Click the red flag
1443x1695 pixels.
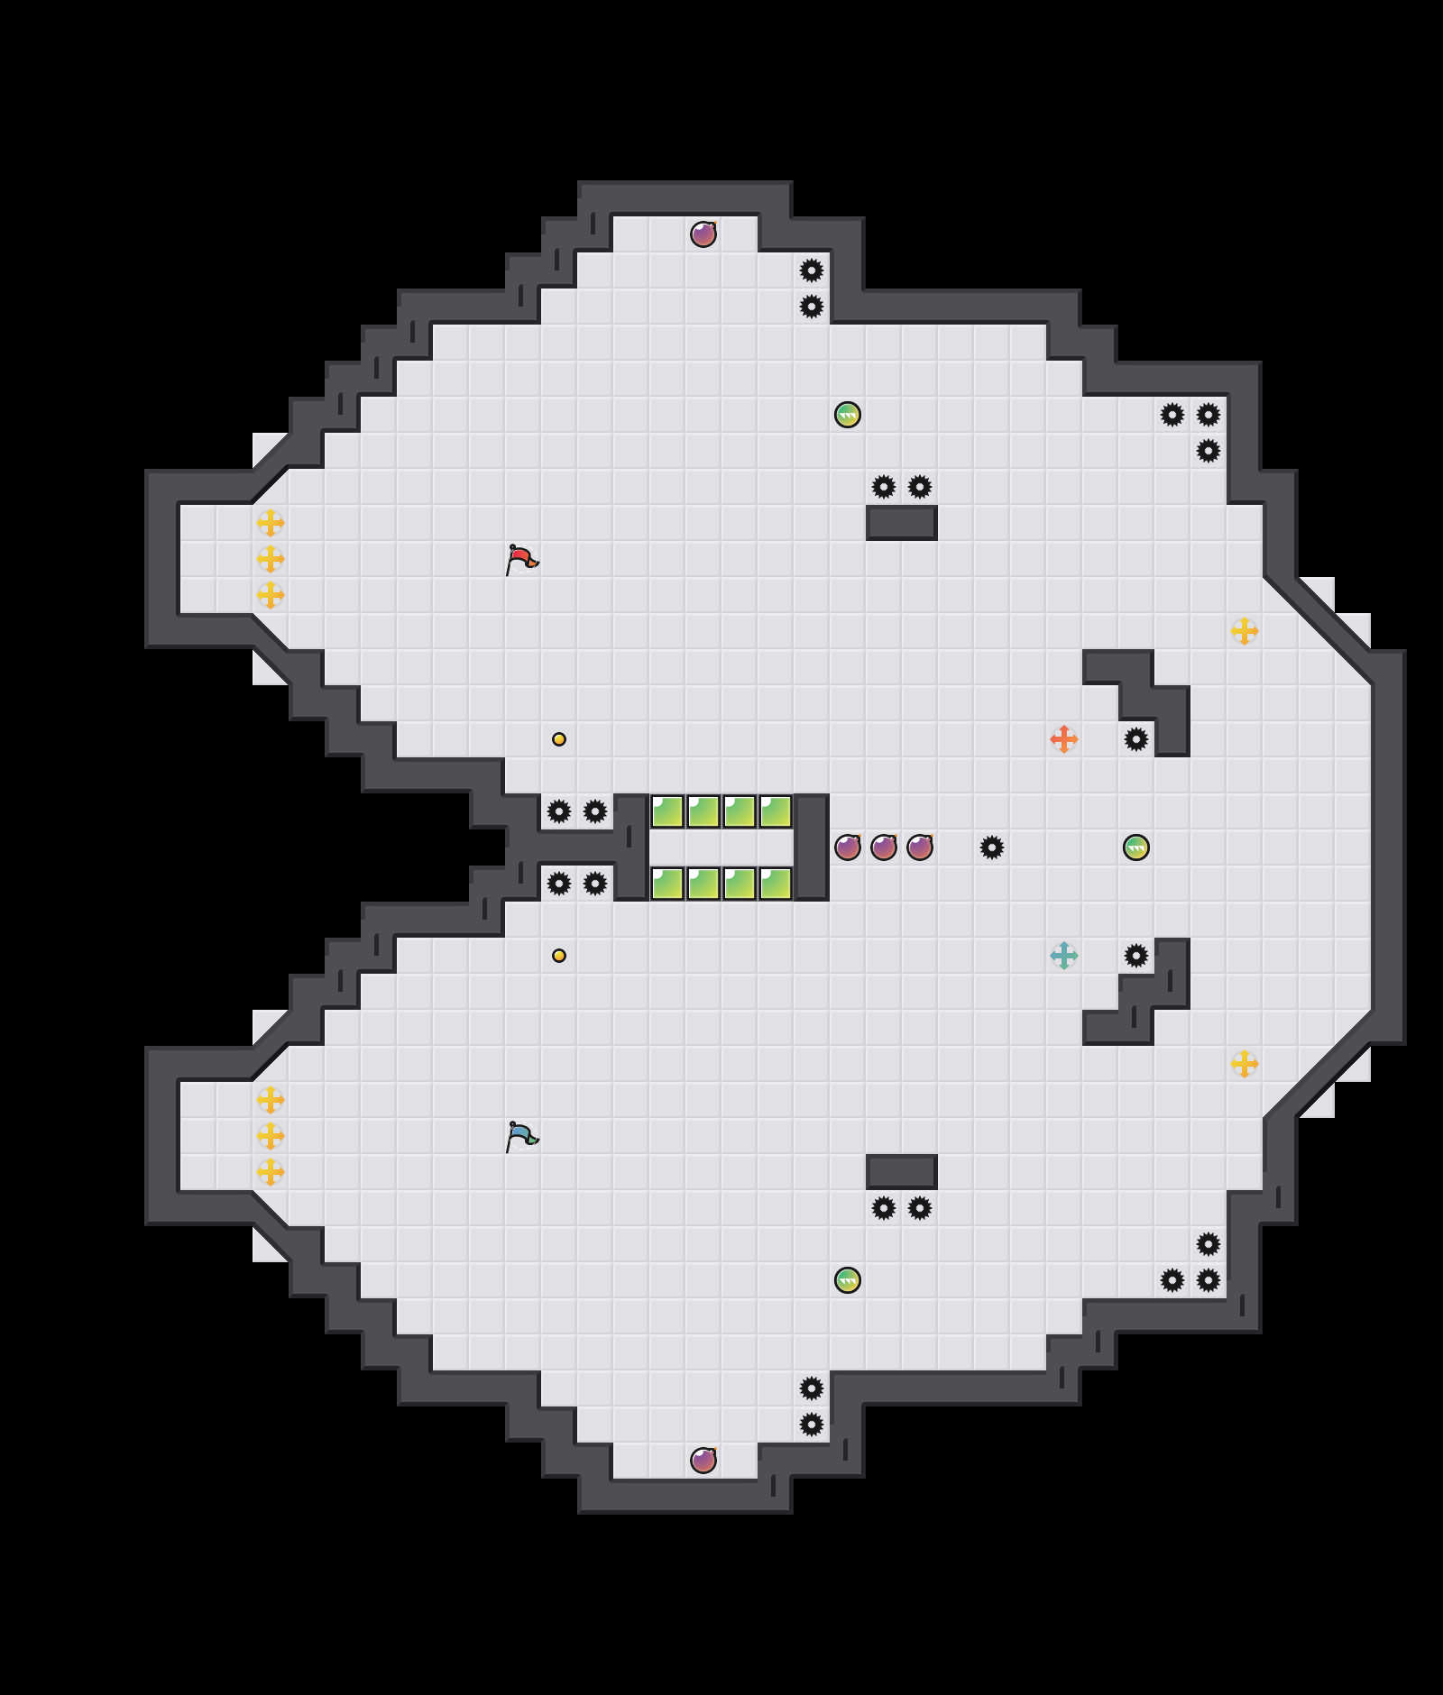click(x=522, y=559)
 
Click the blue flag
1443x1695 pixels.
click(x=522, y=1136)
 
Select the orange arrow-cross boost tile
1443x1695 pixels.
click(x=1064, y=739)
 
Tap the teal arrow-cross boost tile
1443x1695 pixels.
click(x=1064, y=956)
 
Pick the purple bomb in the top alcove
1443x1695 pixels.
click(x=703, y=234)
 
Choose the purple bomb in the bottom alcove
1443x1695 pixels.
click(x=703, y=1461)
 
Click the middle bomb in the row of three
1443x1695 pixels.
click(x=884, y=847)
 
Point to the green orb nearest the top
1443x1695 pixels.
click(x=848, y=415)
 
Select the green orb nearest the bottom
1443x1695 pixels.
click(x=848, y=1280)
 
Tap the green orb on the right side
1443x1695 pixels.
click(x=1136, y=847)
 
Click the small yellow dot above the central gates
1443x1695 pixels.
click(x=559, y=739)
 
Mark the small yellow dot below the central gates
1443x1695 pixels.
click(x=559, y=956)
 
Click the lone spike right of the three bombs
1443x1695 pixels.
click(x=992, y=847)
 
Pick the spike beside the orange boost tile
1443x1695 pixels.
click(x=1136, y=739)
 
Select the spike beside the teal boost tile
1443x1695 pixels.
click(x=1136, y=956)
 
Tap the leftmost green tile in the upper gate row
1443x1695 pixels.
click(x=667, y=811)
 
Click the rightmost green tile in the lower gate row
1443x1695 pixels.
click(x=776, y=884)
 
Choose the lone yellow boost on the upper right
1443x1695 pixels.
click(x=1245, y=631)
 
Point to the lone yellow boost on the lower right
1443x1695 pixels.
click(x=1245, y=1064)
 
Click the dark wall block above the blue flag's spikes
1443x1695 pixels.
click(x=902, y=1172)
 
